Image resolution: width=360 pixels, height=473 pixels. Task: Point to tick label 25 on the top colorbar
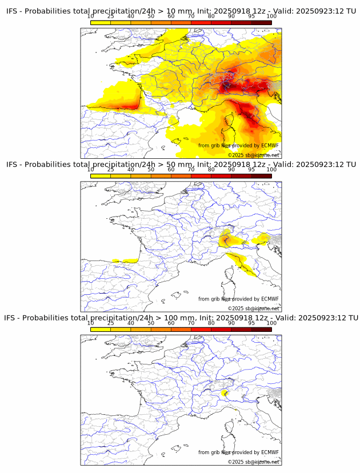[110, 16]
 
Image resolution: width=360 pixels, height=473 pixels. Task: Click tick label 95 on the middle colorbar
[251, 170]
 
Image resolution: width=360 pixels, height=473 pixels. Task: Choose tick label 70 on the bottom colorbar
[191, 323]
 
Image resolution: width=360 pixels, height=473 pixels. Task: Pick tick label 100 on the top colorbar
[271, 16]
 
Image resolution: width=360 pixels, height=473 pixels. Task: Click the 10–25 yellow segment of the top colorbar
[101, 22]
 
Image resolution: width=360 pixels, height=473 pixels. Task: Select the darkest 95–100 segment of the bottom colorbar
[262, 329]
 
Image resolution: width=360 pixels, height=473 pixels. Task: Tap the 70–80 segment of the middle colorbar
[201, 176]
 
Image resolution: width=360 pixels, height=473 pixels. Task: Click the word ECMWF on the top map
[270, 146]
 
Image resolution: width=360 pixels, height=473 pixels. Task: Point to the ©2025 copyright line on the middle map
[253, 308]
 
